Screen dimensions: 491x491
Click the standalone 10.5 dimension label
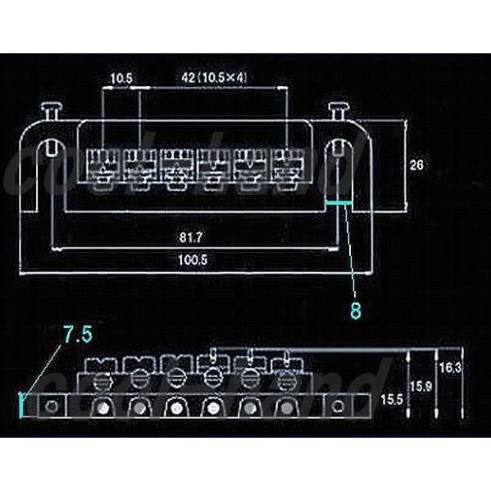pos(120,78)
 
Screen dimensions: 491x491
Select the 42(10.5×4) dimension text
pos(214,78)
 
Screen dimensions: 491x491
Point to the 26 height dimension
pos(416,165)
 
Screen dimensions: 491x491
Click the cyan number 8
pos(356,311)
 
